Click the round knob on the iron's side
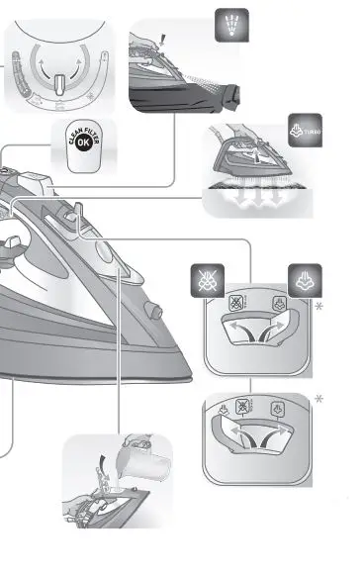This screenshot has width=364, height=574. tap(152, 309)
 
